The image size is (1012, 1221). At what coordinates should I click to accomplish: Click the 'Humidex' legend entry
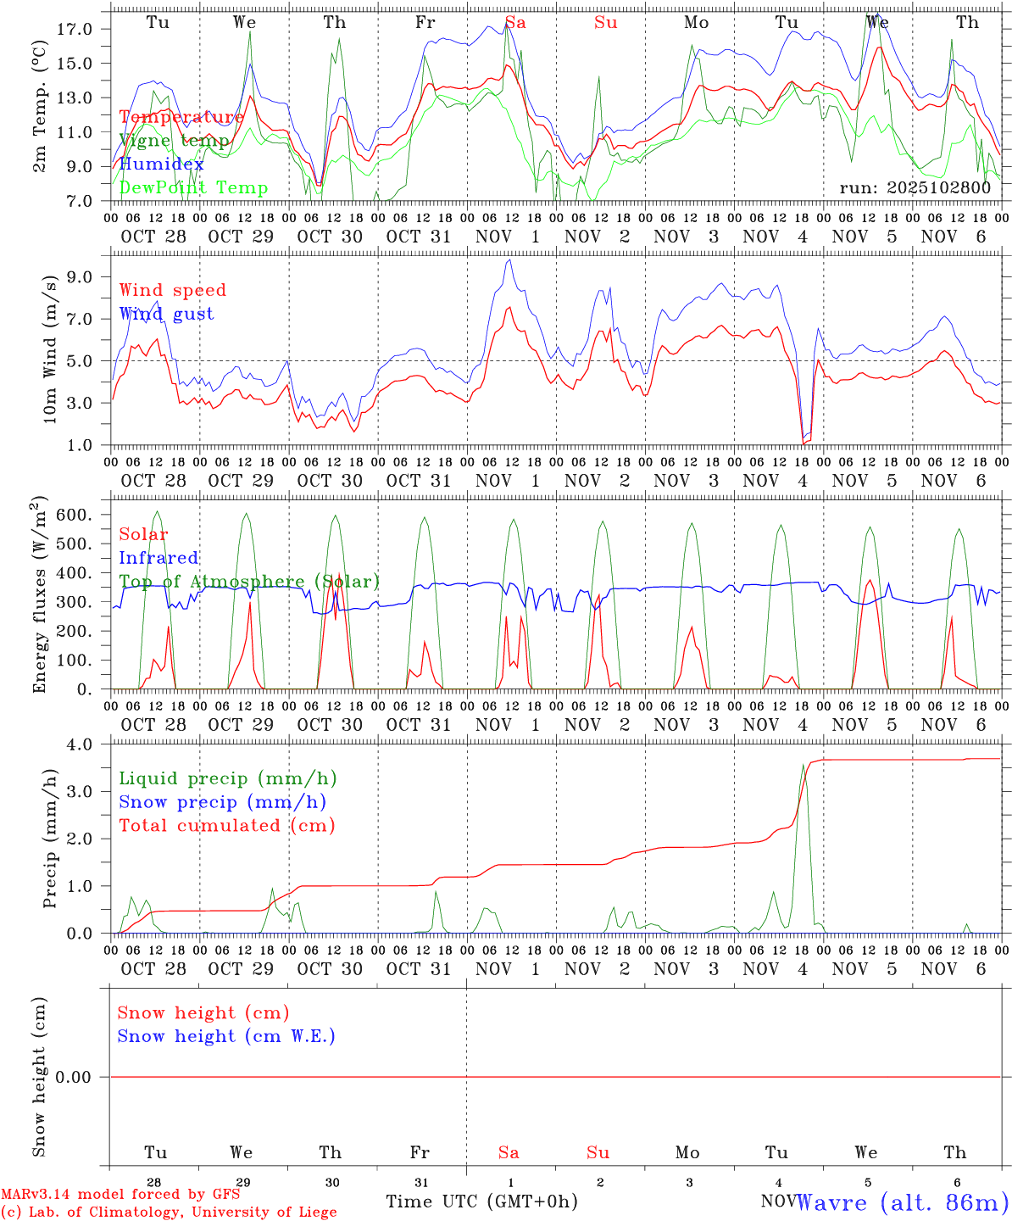162,164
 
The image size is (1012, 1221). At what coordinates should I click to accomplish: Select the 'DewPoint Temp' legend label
193,188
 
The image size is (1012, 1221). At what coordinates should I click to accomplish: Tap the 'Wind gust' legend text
166,314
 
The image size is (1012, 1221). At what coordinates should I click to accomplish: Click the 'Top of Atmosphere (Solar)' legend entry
249,582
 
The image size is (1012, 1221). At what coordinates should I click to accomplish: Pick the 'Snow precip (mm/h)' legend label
222,802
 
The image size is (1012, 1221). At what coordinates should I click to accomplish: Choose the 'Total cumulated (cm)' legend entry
226,826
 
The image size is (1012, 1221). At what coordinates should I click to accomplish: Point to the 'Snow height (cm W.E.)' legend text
226,1036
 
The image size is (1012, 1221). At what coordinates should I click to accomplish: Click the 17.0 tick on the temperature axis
75,29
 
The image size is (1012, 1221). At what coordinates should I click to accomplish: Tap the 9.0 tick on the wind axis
80,276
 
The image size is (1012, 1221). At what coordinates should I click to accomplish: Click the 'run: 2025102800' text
915,188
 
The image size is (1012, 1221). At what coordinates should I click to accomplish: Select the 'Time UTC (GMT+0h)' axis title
481,1201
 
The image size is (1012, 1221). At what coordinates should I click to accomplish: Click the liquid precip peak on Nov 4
803,765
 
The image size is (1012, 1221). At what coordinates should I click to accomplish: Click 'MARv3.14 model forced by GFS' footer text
120,1194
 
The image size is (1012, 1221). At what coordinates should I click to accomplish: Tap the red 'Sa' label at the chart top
515,23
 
